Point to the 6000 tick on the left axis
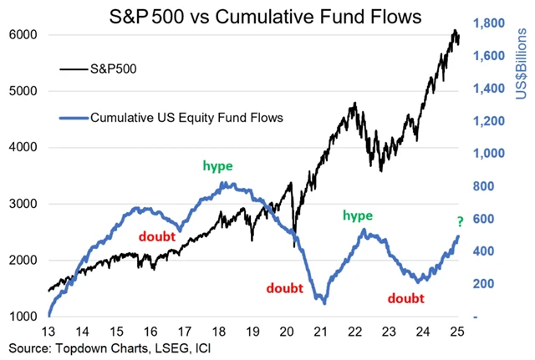pos(23,35)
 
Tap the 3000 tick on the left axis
pos(23,204)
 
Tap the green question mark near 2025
pos(458,221)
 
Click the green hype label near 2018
pos(217,165)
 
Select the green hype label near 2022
pos(358,215)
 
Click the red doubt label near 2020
pos(286,288)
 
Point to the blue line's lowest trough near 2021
pos(324,302)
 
